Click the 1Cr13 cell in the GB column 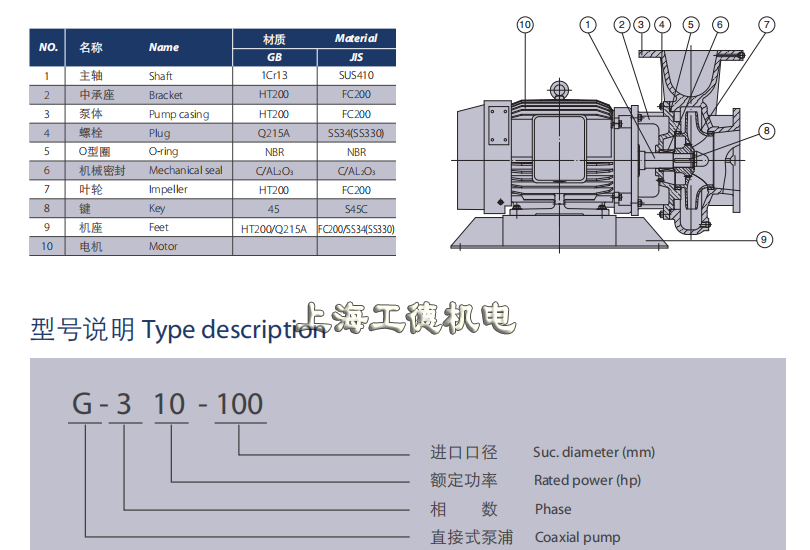pyautogui.click(x=274, y=75)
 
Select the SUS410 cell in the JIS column pyautogui.click(x=356, y=75)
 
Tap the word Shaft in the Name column pyautogui.click(x=161, y=76)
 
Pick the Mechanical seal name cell pyautogui.click(x=185, y=170)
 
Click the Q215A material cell pyautogui.click(x=274, y=133)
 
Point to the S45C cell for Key pyautogui.click(x=356, y=209)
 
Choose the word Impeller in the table pyautogui.click(x=168, y=190)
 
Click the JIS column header pyautogui.click(x=356, y=57)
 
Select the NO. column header pyautogui.click(x=48, y=48)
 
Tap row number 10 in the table pyautogui.click(x=47, y=246)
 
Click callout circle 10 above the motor pyautogui.click(x=525, y=25)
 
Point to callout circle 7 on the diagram pyautogui.click(x=767, y=25)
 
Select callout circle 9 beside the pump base pyautogui.click(x=764, y=240)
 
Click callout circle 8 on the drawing pyautogui.click(x=767, y=131)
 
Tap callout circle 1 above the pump pyautogui.click(x=587, y=25)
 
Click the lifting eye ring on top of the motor pyautogui.click(x=559, y=89)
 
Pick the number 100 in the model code pyautogui.click(x=240, y=404)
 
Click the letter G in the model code pyautogui.click(x=82, y=404)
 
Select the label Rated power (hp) pyautogui.click(x=587, y=481)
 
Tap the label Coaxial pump pyautogui.click(x=578, y=538)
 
